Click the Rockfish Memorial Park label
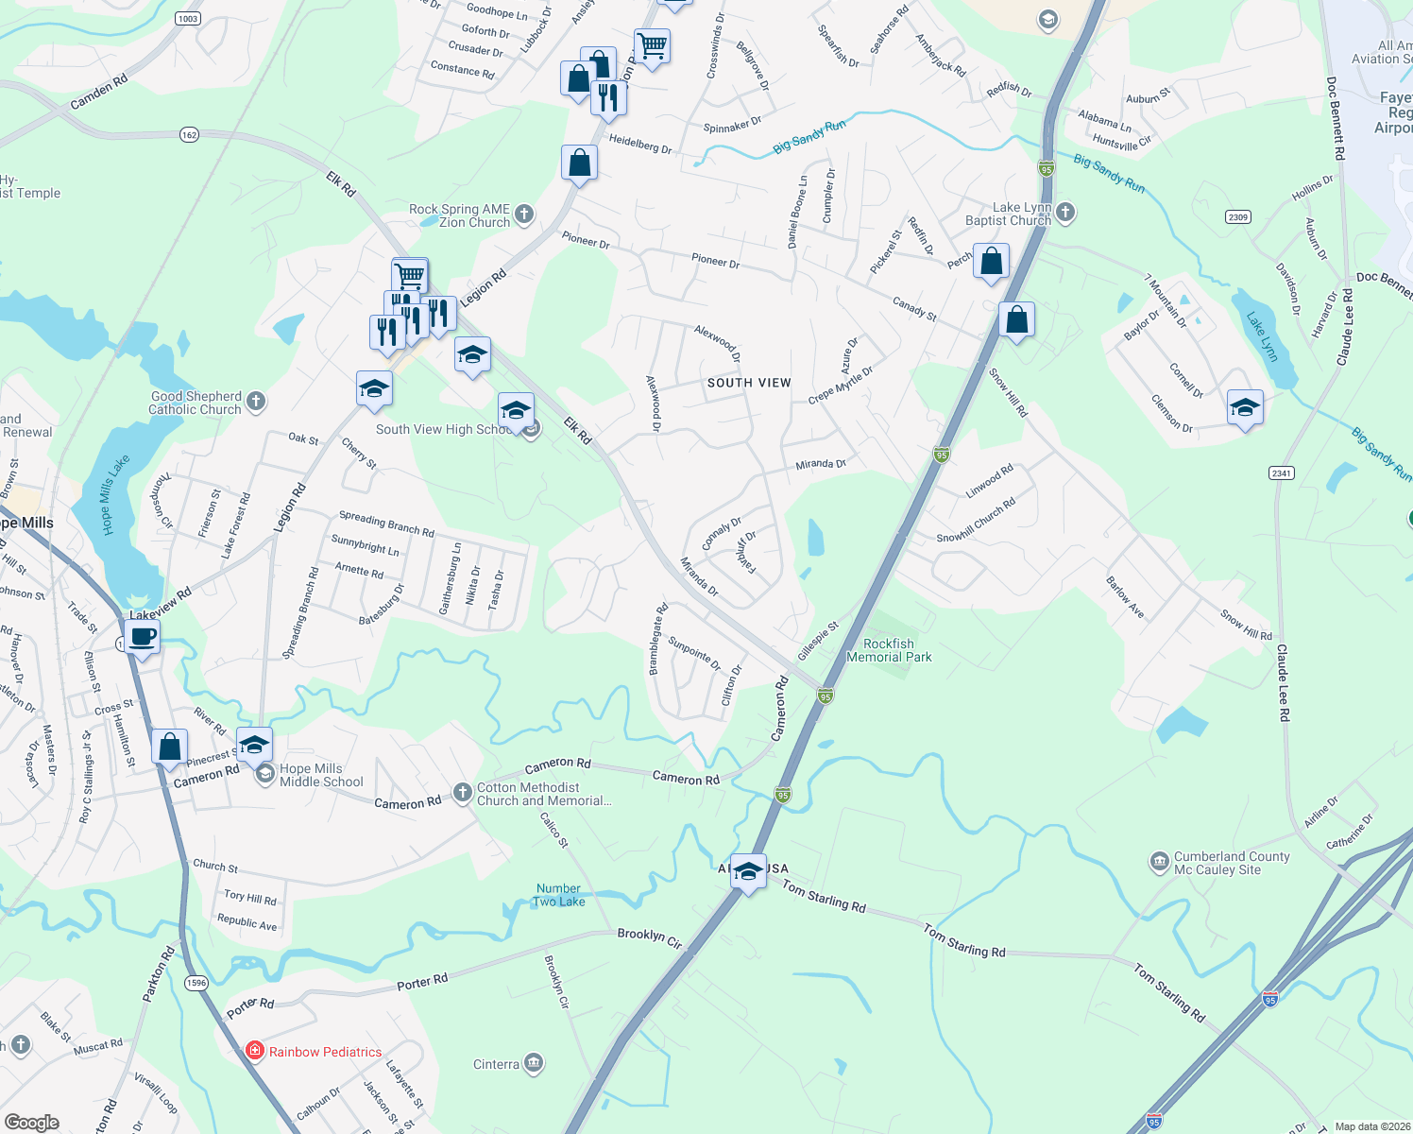click(x=889, y=650)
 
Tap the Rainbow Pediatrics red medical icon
click(x=254, y=1051)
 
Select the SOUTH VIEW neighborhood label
click(x=749, y=383)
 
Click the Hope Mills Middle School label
click(x=321, y=775)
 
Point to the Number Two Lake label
click(x=559, y=895)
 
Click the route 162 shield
click(x=189, y=135)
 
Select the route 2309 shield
click(x=1237, y=217)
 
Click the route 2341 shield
click(x=1281, y=473)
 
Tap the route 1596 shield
click(x=196, y=983)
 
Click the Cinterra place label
click(x=496, y=1064)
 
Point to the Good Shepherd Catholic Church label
click(x=196, y=403)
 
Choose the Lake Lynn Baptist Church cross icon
click(x=1065, y=212)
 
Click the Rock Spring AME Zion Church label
click(x=460, y=215)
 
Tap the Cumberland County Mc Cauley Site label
click(x=1231, y=863)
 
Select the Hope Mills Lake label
click(x=114, y=494)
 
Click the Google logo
click(x=32, y=1122)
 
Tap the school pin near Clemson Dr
click(x=1244, y=407)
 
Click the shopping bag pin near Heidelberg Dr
click(x=579, y=163)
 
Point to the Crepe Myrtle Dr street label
click(x=840, y=386)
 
